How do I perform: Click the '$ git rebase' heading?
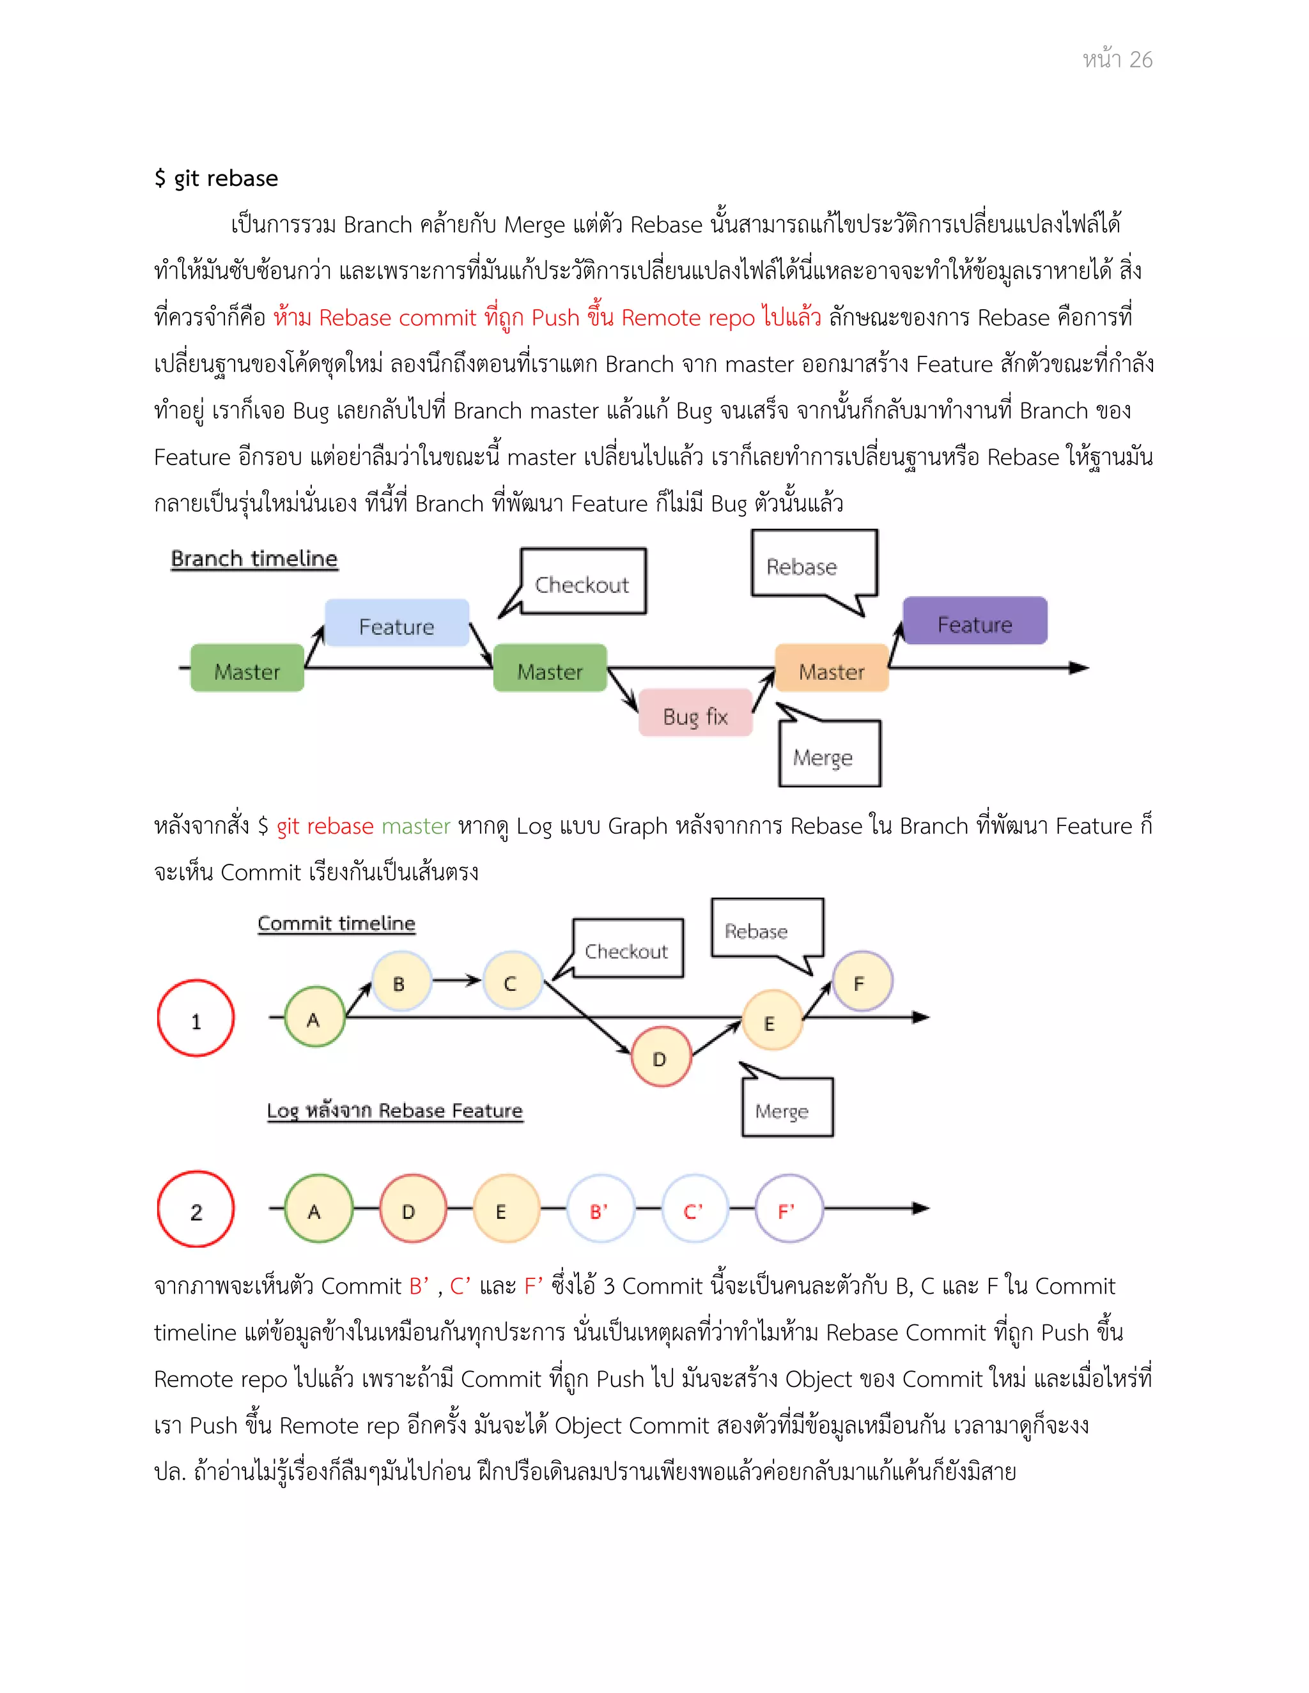(x=215, y=178)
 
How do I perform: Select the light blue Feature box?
(x=396, y=624)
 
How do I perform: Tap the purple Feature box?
(x=975, y=622)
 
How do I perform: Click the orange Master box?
(x=832, y=669)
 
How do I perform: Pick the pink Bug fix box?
(x=695, y=714)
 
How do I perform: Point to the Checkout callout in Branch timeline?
(x=582, y=583)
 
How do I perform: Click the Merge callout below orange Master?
(x=828, y=755)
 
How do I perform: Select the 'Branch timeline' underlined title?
(x=254, y=558)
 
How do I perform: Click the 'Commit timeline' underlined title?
(x=337, y=923)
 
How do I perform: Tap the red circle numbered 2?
(x=196, y=1210)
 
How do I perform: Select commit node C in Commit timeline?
(x=511, y=981)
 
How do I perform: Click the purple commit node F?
(x=862, y=981)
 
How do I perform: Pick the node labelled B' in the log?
(x=600, y=1209)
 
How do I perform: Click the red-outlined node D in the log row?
(x=412, y=1209)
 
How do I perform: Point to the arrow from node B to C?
(x=457, y=981)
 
